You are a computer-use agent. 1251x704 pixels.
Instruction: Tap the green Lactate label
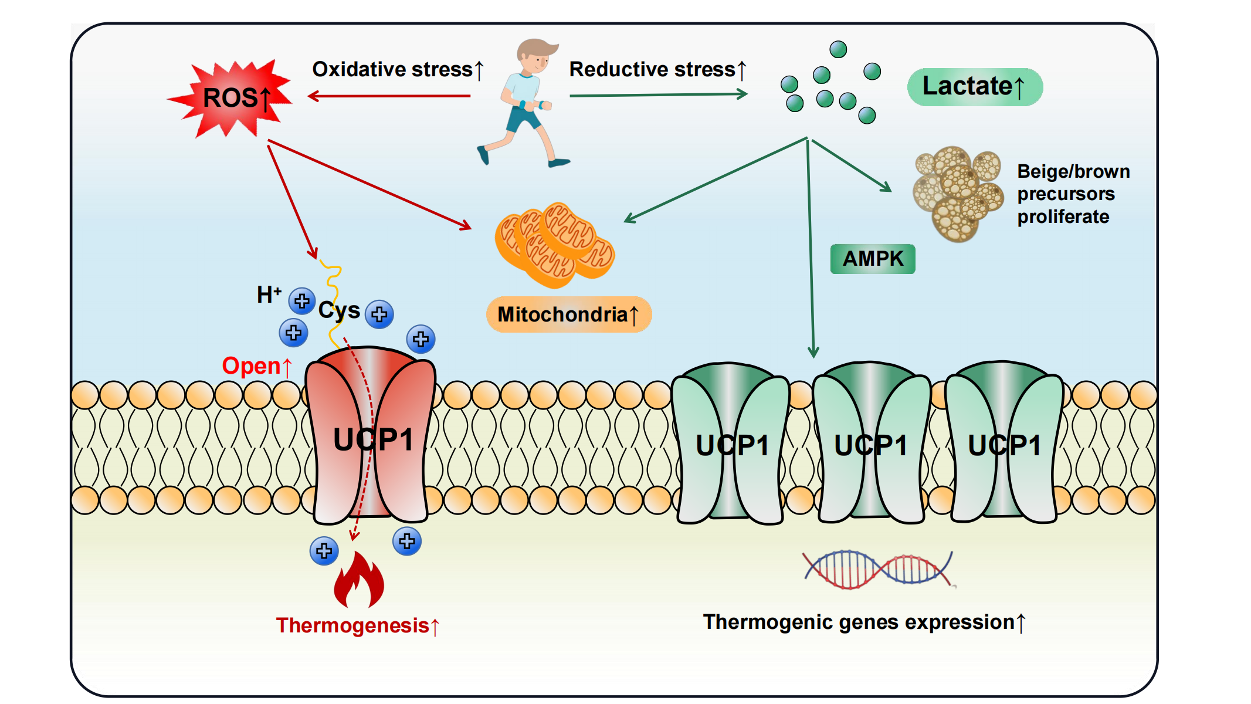(x=975, y=87)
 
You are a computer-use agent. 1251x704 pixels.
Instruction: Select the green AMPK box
(x=873, y=259)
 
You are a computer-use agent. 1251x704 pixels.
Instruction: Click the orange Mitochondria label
(x=568, y=314)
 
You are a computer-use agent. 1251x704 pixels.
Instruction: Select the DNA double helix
(x=878, y=569)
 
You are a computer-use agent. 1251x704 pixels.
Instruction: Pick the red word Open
(x=252, y=366)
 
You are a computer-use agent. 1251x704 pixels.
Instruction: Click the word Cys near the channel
(x=339, y=310)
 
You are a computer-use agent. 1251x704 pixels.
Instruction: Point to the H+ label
(x=269, y=294)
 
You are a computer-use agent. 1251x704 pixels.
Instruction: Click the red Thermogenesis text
(x=352, y=625)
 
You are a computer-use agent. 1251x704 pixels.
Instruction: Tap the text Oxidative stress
(x=392, y=69)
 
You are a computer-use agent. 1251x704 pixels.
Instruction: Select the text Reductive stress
(x=652, y=69)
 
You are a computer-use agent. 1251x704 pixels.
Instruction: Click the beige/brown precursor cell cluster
(x=957, y=192)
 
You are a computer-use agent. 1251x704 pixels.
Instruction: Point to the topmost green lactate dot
(x=838, y=49)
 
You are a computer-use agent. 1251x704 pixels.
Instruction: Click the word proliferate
(x=1063, y=216)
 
